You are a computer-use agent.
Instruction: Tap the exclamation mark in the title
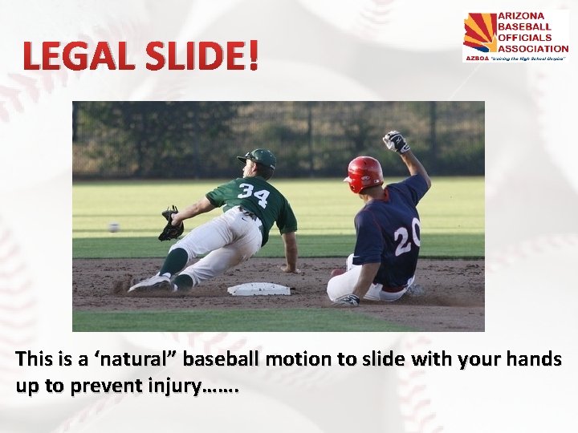(254, 55)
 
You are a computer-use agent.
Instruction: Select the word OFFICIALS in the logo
(525, 37)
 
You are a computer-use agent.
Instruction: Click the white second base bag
(258, 289)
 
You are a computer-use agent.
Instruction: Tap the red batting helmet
(364, 172)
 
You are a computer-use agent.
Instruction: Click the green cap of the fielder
(258, 158)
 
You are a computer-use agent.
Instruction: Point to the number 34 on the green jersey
(253, 195)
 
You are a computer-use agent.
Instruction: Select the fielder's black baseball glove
(171, 225)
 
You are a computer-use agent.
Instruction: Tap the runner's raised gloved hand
(396, 142)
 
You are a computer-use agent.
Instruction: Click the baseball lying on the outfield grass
(114, 227)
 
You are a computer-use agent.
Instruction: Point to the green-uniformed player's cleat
(152, 282)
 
